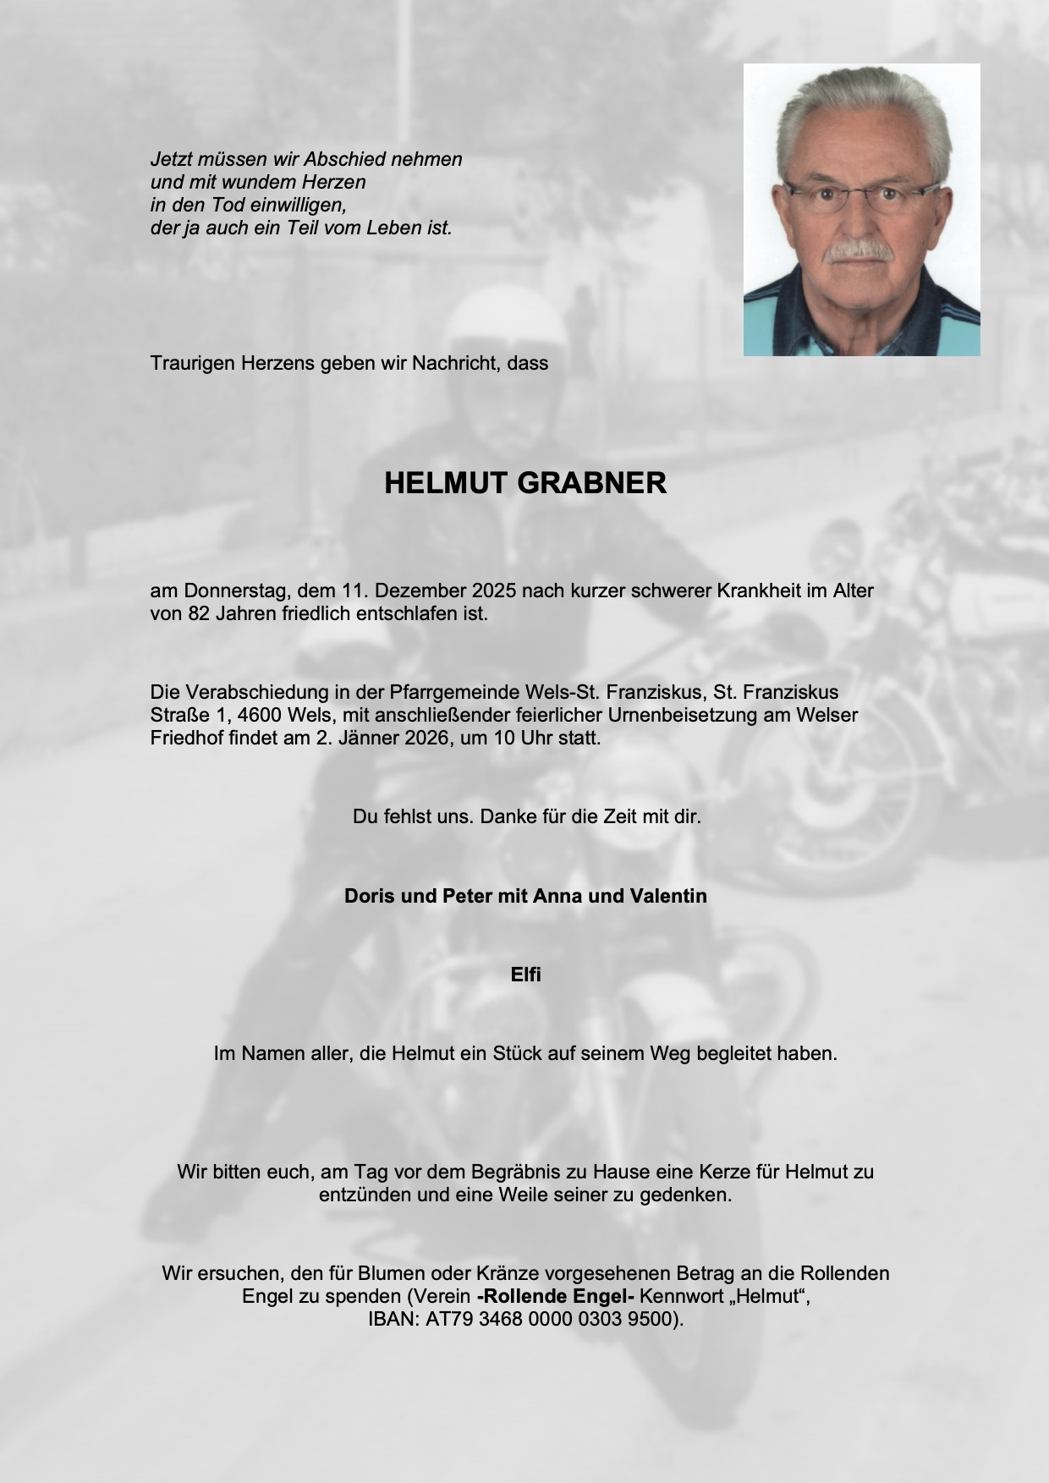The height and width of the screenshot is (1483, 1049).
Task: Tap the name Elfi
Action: point(525,975)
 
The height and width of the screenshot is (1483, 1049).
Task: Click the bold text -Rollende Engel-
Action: point(556,1296)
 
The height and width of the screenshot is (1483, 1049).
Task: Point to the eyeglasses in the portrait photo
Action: point(860,196)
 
